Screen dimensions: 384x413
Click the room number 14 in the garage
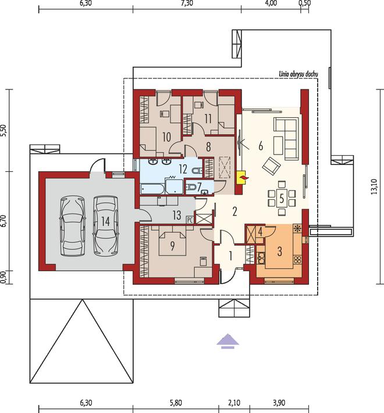105,221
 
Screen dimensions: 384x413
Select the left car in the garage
73,226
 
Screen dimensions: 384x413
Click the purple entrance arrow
227,342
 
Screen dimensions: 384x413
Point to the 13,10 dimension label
374,186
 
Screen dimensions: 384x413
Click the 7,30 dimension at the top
187,3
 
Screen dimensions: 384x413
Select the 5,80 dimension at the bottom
176,403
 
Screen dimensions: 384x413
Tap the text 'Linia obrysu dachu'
298,74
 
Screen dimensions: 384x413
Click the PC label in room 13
190,220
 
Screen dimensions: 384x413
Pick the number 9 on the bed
172,246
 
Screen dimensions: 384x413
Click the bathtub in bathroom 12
152,189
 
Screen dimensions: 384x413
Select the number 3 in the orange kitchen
280,252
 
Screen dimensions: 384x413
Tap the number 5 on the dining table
282,199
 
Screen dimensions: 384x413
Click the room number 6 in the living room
261,146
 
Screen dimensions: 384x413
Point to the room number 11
208,119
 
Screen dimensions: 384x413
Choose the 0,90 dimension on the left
3,277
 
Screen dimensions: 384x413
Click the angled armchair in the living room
271,166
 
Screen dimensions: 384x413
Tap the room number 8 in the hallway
208,147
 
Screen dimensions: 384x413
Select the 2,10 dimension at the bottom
234,403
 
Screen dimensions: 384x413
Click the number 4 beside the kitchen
260,232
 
